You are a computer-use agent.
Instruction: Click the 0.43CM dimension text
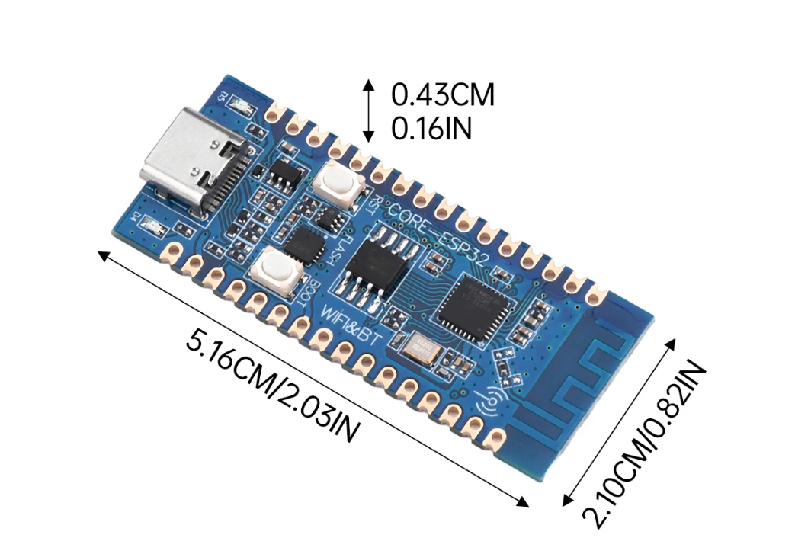coord(443,95)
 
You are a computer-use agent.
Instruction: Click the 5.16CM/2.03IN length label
coord(271,386)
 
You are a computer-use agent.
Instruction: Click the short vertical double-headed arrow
coord(368,110)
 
